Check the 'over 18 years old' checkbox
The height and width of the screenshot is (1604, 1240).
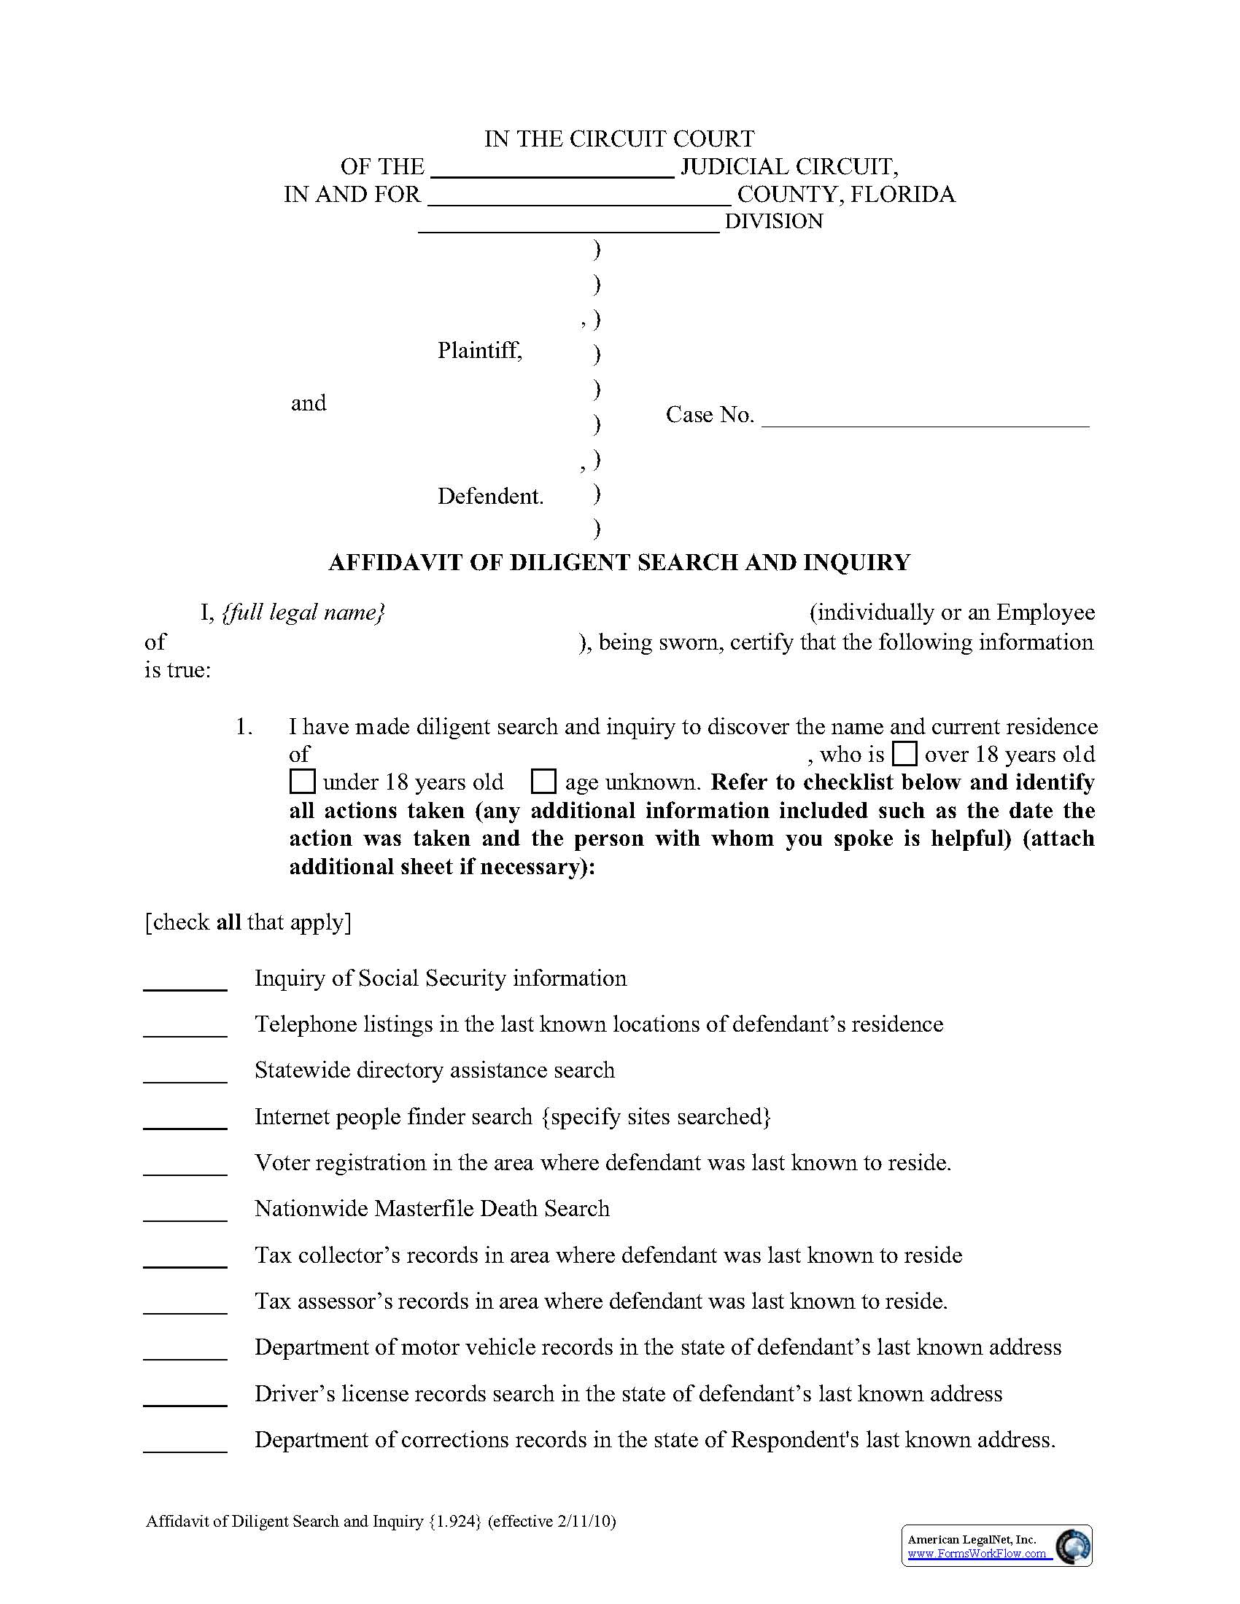coord(904,755)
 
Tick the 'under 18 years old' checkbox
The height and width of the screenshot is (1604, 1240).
coord(302,782)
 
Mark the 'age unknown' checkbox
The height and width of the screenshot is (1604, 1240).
coord(543,782)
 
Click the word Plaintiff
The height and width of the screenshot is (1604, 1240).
coord(480,350)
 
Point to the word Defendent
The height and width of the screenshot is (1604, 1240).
coord(490,497)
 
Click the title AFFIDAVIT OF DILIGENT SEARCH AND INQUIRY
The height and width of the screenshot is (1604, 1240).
coord(619,562)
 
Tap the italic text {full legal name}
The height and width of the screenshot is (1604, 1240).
coord(303,612)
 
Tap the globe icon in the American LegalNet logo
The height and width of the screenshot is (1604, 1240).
coord(1072,1545)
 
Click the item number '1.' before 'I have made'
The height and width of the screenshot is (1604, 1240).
coord(244,727)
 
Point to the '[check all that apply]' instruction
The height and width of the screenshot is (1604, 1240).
coord(248,922)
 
